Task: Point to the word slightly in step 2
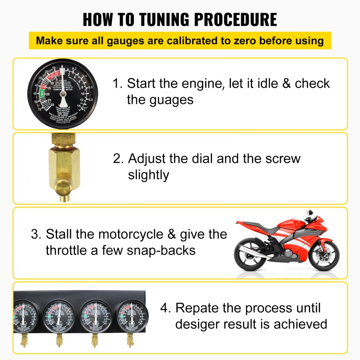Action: click(x=148, y=175)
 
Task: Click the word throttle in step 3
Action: click(x=66, y=250)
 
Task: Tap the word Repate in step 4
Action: click(x=198, y=308)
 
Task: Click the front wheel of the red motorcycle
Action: click(x=324, y=256)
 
